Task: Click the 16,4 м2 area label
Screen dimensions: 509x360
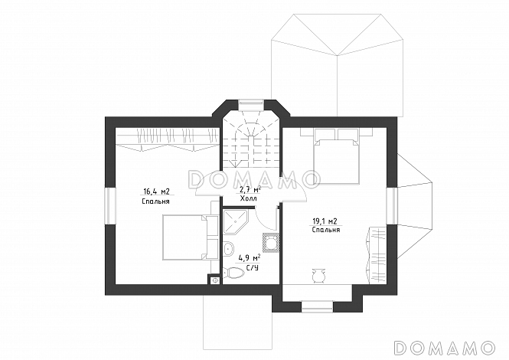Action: [x=157, y=191]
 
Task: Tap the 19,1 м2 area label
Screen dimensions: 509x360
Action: [x=325, y=221]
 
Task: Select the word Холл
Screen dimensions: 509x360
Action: [x=249, y=198]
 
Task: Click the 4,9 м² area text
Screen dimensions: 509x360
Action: [x=250, y=258]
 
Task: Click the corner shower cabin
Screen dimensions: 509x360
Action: [x=235, y=223]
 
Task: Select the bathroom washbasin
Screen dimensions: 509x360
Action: [x=229, y=249]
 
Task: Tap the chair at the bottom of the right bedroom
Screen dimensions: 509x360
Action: [x=318, y=277]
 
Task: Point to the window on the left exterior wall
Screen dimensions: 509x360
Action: [x=110, y=205]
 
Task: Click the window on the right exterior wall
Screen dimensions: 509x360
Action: [x=392, y=205]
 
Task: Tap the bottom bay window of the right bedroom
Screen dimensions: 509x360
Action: [x=318, y=306]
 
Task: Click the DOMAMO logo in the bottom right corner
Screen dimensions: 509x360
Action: [x=444, y=347]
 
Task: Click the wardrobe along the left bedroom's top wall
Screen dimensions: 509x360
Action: [x=167, y=139]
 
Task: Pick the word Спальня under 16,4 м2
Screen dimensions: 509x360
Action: [x=156, y=201]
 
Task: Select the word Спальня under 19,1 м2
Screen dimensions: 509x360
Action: [x=326, y=230]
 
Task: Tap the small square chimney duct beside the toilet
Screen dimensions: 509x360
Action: [x=214, y=280]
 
